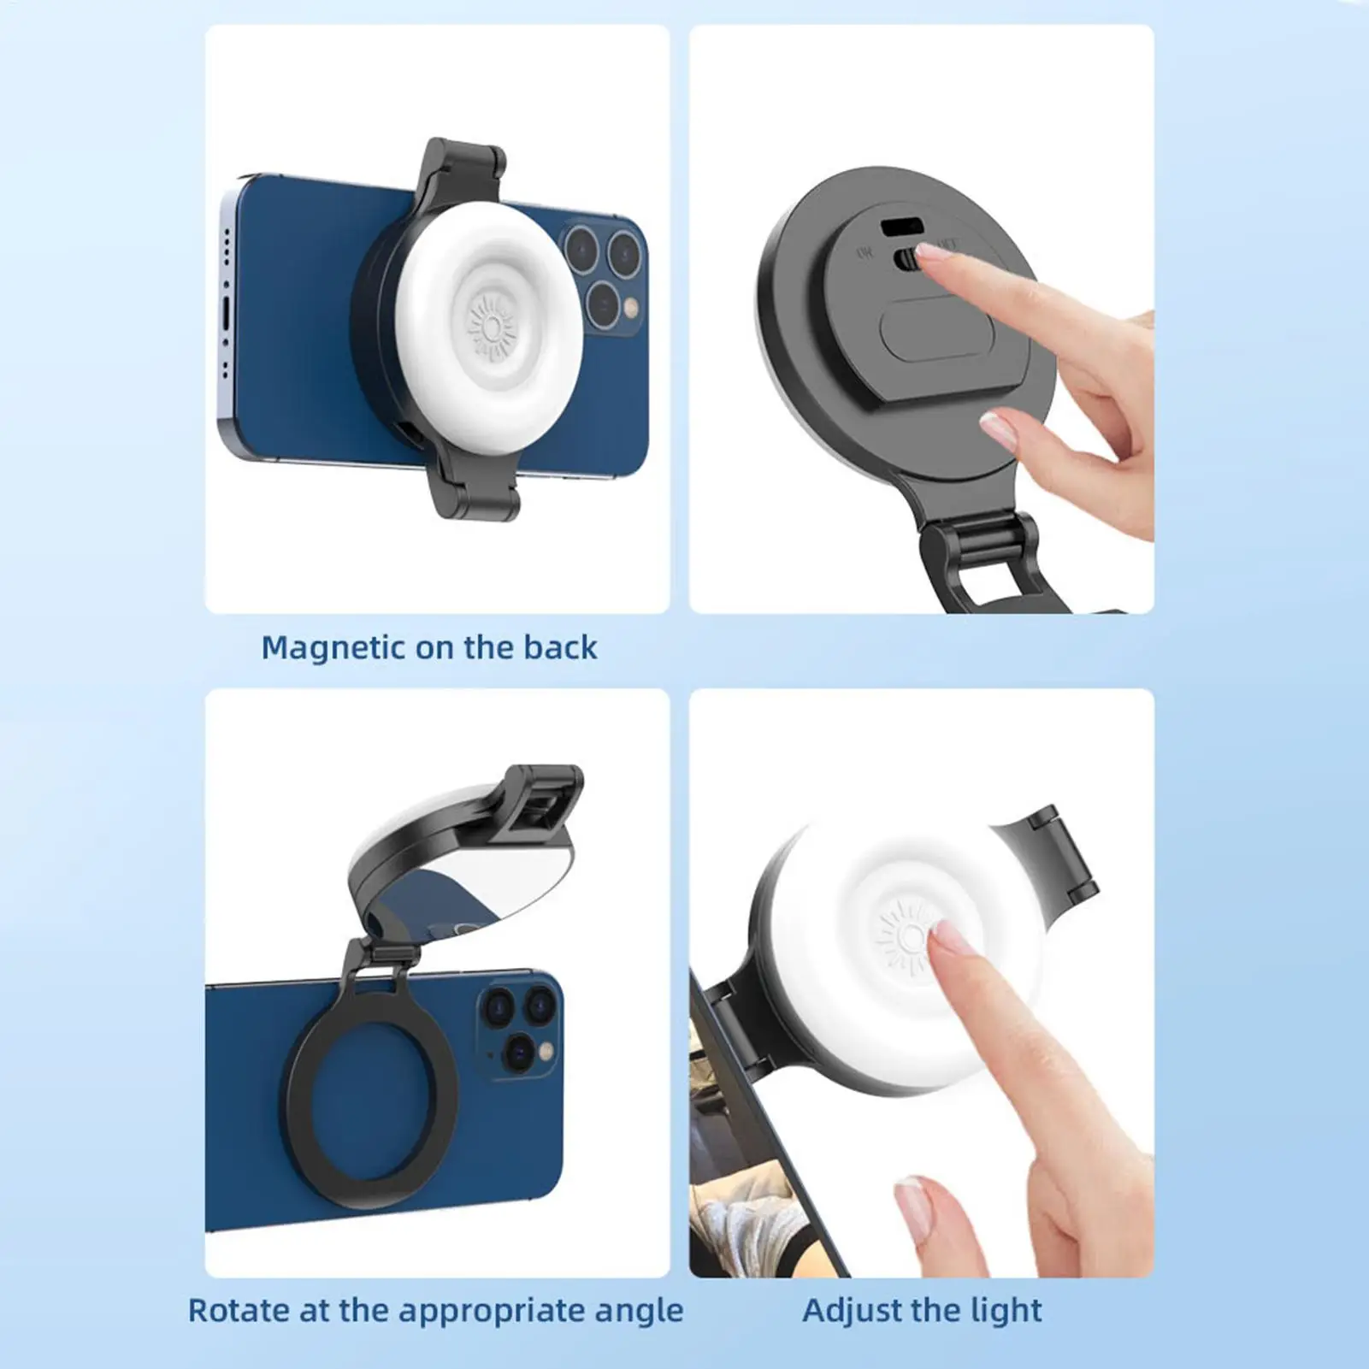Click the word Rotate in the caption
click(238, 1310)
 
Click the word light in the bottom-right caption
click(1012, 1310)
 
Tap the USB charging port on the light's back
click(901, 227)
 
